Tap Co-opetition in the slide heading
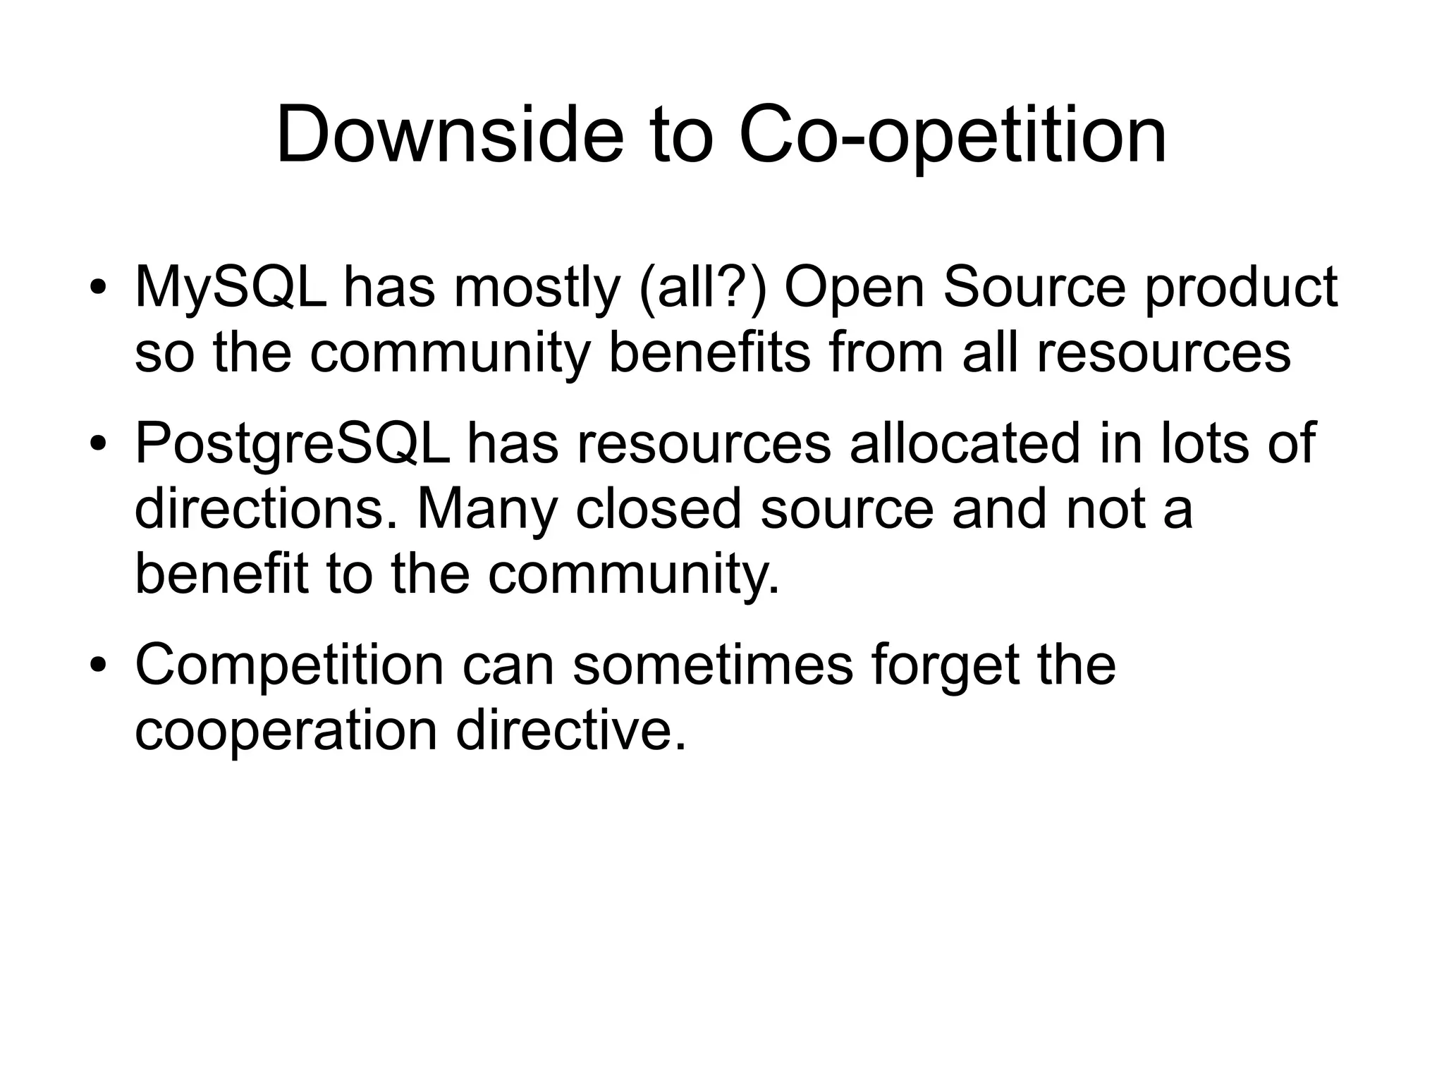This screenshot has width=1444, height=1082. pyautogui.click(x=953, y=135)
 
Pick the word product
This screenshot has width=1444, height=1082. pyautogui.click(x=1240, y=287)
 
